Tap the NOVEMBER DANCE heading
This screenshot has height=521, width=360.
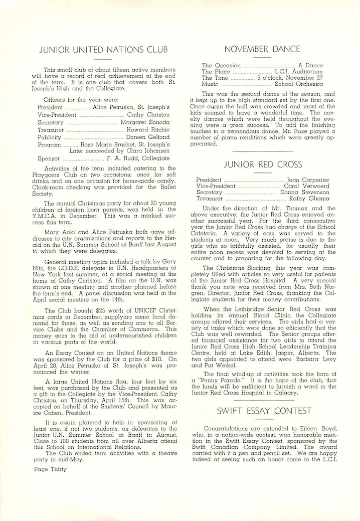point(262,49)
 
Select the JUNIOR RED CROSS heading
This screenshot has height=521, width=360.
point(263,165)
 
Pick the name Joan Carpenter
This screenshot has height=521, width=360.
point(308,180)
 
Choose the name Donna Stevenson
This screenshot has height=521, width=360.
point(305,193)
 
